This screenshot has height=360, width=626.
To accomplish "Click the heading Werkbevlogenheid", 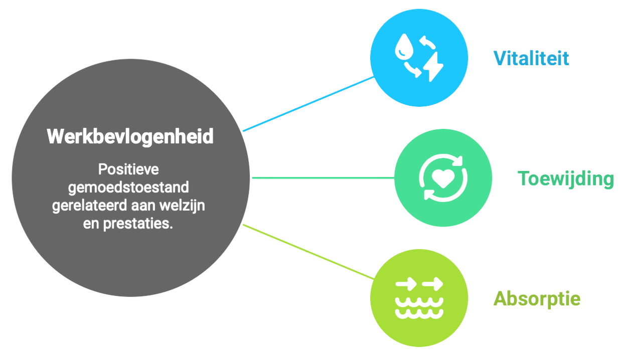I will [130, 136].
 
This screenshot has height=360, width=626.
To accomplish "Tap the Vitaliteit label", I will [531, 59].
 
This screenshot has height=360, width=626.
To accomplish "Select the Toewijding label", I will [565, 178].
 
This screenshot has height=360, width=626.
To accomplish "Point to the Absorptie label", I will [537, 299].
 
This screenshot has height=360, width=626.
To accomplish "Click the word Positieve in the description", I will [128, 169].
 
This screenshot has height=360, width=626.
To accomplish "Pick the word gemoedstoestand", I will [128, 188].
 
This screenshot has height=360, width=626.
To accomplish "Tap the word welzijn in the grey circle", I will [185, 206].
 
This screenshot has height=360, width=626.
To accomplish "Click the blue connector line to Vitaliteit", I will [308, 104].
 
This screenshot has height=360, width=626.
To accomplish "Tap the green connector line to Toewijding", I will [322, 177].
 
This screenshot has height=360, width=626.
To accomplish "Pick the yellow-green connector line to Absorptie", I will [308, 252].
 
